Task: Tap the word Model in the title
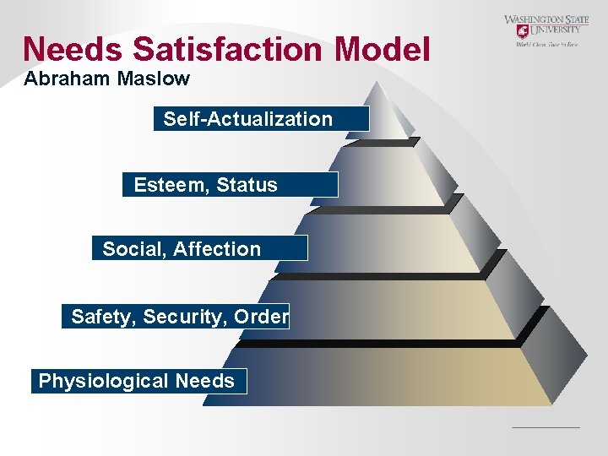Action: (383, 49)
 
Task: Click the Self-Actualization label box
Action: (262, 119)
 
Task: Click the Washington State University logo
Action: (546, 31)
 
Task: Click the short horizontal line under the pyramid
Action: (546, 427)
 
